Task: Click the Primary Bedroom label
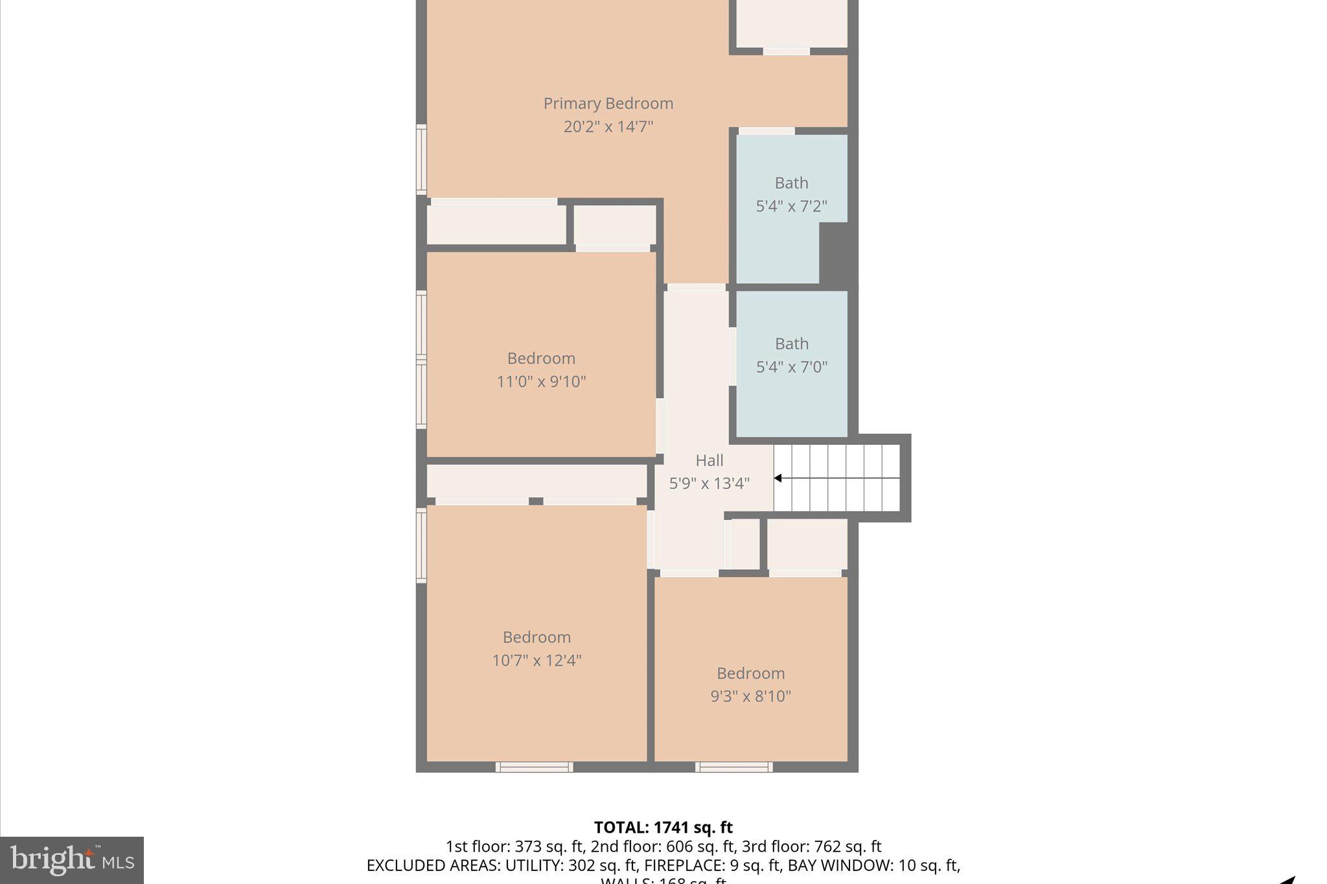(x=608, y=104)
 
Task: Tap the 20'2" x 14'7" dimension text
(x=608, y=126)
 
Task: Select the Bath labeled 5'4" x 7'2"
(x=791, y=194)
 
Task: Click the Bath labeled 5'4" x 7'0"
(x=791, y=355)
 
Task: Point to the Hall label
(x=709, y=460)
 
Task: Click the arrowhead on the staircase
(x=778, y=478)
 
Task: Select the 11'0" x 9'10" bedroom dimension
(x=541, y=381)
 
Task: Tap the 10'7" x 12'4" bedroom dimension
(x=537, y=660)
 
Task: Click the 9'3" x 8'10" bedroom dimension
(x=750, y=696)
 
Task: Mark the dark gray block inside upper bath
(x=835, y=253)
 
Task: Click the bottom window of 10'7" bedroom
(x=534, y=767)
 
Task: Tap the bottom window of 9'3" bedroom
(x=733, y=767)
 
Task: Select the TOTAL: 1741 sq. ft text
(x=663, y=827)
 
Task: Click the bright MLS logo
(x=72, y=860)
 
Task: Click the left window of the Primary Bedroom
(x=421, y=159)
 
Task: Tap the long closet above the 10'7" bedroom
(x=537, y=481)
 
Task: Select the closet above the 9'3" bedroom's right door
(x=807, y=543)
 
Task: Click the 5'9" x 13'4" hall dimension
(x=709, y=483)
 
